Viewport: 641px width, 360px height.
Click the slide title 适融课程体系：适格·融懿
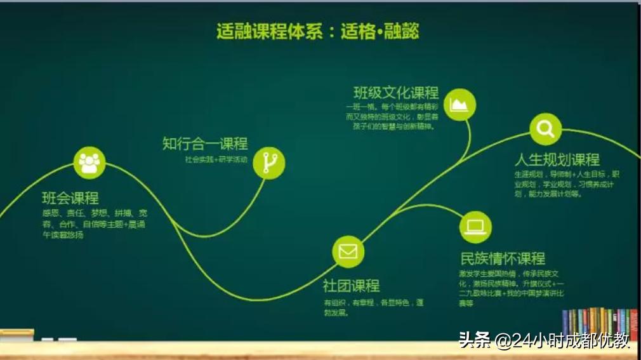click(x=317, y=31)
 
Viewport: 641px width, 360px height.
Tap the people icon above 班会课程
click(x=89, y=163)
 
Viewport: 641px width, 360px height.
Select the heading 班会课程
click(x=70, y=197)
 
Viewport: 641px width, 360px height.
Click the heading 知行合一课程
click(x=204, y=144)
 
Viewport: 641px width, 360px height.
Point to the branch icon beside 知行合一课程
click(x=268, y=163)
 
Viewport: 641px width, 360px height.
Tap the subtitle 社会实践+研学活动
click(x=216, y=159)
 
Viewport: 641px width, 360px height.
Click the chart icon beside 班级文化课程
click(x=459, y=104)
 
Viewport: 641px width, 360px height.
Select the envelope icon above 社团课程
click(x=348, y=251)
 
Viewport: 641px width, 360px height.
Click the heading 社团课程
click(x=351, y=286)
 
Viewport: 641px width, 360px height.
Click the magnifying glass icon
click(x=545, y=129)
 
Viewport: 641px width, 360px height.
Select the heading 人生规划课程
click(x=557, y=159)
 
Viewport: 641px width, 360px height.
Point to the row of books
click(x=599, y=324)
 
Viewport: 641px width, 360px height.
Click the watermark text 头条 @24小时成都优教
click(x=544, y=341)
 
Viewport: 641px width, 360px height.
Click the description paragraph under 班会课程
click(x=94, y=224)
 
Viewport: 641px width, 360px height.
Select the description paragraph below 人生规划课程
click(x=566, y=184)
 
